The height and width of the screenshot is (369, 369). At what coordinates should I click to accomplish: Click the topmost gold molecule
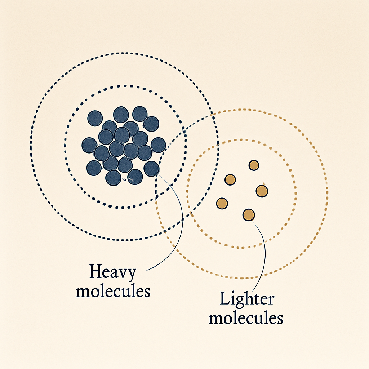(x=254, y=165)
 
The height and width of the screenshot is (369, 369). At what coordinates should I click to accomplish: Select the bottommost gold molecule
(x=249, y=215)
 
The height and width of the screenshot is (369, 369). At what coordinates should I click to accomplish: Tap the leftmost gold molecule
(x=222, y=204)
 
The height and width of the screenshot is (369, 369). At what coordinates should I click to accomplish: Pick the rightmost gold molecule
(x=262, y=191)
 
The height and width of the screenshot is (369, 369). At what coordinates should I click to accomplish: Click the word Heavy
(x=113, y=272)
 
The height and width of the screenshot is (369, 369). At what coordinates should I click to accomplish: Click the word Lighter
(x=247, y=299)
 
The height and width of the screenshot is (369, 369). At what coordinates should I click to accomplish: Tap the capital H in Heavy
(x=97, y=271)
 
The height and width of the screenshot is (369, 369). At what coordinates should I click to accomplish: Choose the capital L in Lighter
(x=226, y=298)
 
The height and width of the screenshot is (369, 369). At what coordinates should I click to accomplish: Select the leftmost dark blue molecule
(x=89, y=146)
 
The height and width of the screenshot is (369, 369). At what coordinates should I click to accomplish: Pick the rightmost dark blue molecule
(x=159, y=145)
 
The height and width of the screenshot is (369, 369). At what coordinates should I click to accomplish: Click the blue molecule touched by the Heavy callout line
(x=151, y=169)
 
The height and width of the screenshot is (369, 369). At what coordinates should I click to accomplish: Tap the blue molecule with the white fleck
(x=135, y=177)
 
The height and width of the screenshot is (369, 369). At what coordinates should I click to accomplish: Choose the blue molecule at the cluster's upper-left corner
(x=95, y=118)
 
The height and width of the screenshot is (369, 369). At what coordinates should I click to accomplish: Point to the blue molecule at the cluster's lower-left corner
(x=94, y=168)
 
